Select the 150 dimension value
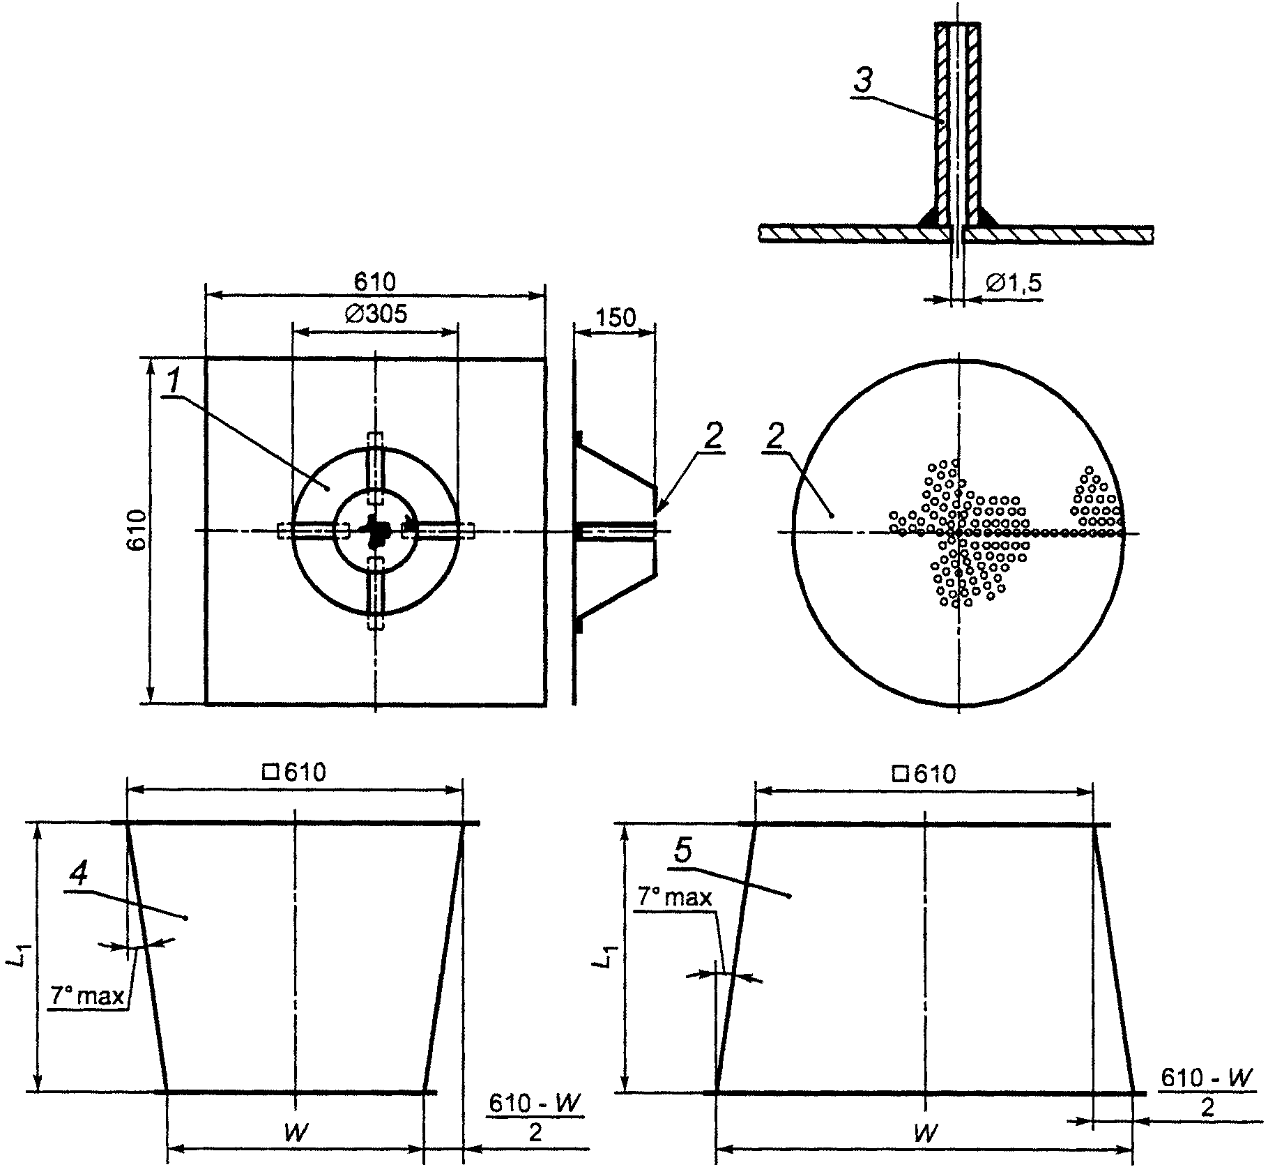click(x=616, y=317)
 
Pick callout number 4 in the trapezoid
click(x=80, y=874)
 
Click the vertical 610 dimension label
click(x=137, y=531)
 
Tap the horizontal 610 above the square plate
click(x=374, y=282)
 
